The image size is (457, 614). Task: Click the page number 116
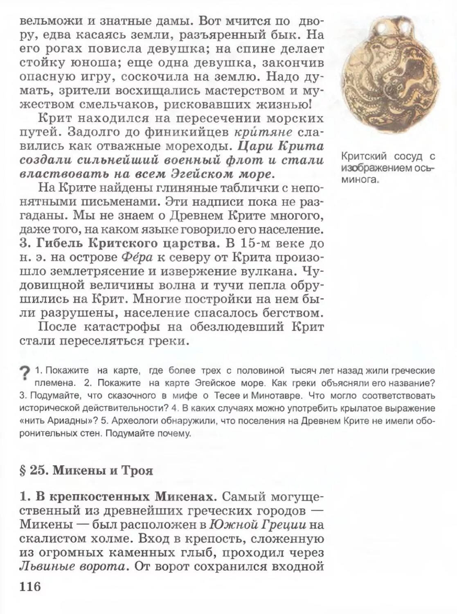click(30, 586)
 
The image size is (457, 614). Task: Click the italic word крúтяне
click(263, 132)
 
